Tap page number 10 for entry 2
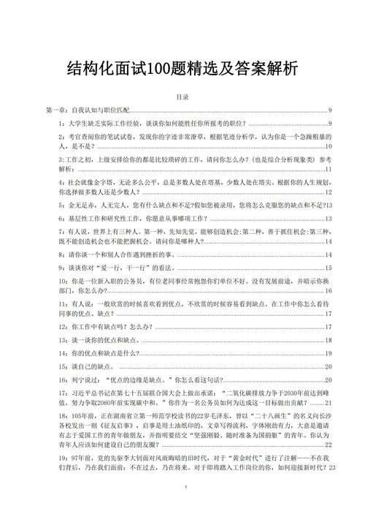tap(328, 148)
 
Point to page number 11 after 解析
tap(329, 168)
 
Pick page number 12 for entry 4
tap(328, 192)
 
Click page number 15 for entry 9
tap(328, 269)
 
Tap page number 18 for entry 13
tap(328, 341)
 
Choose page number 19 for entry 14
tap(328, 353)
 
